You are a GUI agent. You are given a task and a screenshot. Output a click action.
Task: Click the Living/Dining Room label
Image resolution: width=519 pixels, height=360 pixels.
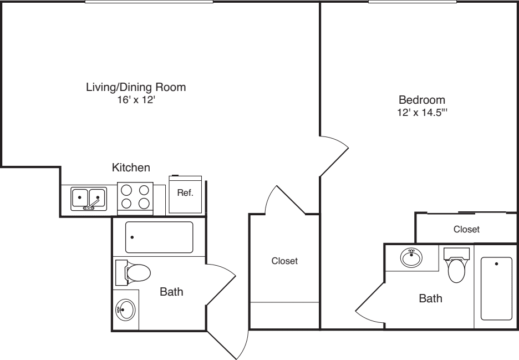(135, 87)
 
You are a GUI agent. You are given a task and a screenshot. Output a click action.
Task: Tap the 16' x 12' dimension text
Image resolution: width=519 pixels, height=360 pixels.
(135, 100)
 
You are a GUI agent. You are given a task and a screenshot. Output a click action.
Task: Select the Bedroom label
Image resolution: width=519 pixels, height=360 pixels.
(422, 100)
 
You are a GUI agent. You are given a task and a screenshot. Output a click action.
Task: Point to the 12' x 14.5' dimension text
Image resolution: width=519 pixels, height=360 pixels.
(422, 113)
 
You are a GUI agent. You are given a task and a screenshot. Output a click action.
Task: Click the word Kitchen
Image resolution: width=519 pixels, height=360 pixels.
(131, 167)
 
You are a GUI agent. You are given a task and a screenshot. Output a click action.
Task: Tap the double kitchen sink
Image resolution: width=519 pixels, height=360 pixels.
(89, 198)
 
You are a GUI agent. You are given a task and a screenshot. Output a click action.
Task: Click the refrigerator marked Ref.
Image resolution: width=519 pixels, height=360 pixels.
(185, 194)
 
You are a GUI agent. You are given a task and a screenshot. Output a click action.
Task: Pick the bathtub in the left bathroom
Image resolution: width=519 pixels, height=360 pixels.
(159, 237)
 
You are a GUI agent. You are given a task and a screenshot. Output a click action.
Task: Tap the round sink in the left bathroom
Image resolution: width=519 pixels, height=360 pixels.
(125, 309)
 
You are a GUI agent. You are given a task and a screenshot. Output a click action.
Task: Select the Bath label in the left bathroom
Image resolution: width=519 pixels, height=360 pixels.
(171, 292)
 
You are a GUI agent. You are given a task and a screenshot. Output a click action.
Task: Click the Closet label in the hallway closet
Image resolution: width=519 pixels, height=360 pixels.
(284, 261)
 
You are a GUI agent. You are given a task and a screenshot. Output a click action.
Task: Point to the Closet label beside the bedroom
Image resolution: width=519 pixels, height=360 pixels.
(466, 229)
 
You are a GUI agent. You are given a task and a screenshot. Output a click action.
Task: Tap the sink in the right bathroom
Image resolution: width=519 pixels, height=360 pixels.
(410, 258)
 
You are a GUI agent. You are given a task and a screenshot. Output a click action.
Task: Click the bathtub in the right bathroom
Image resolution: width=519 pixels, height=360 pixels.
(496, 288)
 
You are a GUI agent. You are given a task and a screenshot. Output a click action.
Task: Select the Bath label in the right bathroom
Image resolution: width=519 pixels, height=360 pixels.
(430, 299)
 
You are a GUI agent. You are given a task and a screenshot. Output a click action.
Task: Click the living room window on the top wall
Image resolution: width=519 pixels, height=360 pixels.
(149, 2)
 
